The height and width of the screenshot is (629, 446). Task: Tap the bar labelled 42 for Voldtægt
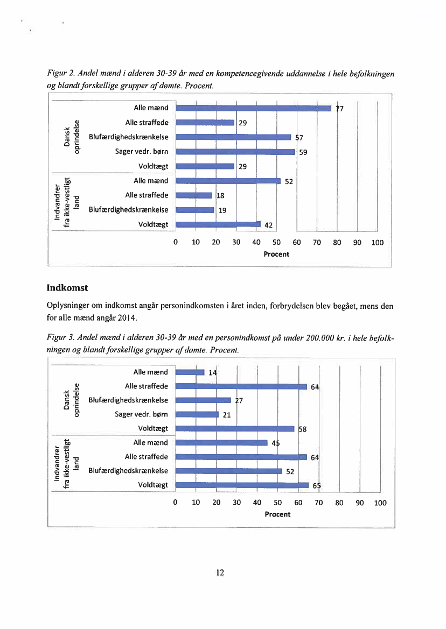point(218,224)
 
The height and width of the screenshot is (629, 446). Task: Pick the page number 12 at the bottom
point(220,572)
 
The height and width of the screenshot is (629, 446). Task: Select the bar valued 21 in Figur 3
point(197,414)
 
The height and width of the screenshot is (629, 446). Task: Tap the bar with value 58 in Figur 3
point(236,429)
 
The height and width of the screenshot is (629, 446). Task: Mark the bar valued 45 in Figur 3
point(221,443)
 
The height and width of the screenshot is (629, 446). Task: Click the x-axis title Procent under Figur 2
point(276,254)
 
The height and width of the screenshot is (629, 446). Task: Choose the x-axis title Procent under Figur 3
point(278,514)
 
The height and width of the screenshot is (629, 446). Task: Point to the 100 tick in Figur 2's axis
point(377,243)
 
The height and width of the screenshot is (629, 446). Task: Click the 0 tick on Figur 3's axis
point(175,503)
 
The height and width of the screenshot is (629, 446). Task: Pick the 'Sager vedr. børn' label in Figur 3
point(142,414)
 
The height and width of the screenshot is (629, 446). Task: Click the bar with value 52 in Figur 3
point(228,471)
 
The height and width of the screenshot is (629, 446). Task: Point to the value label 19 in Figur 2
point(222,210)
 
